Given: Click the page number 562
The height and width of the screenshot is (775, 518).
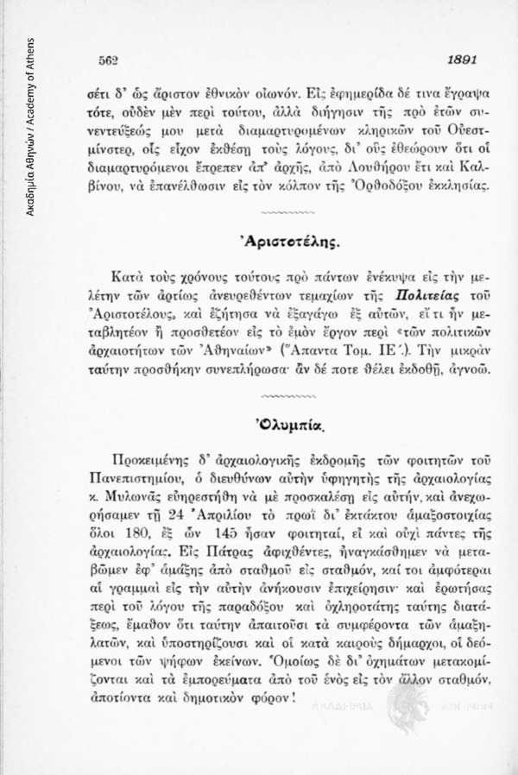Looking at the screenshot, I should click(108, 61).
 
